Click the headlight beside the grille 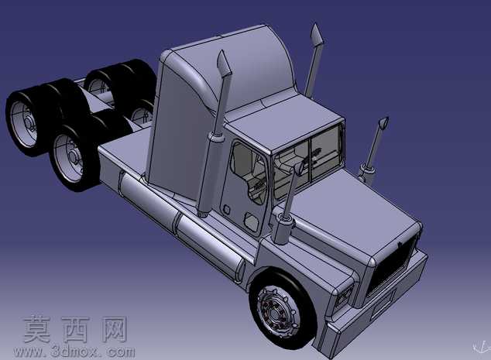click(x=344, y=296)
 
